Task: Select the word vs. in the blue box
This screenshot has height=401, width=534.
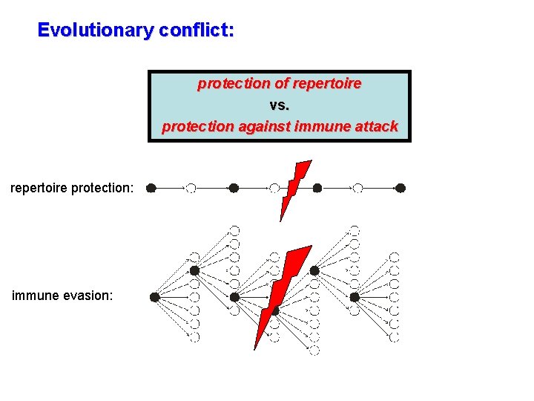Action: [x=280, y=105]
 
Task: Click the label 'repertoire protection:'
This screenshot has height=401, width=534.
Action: [x=72, y=188]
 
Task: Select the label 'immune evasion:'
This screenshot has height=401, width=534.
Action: [x=62, y=296]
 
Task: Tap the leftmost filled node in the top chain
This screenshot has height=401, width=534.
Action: [x=151, y=189]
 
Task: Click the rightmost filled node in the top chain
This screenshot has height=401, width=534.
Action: [x=400, y=189]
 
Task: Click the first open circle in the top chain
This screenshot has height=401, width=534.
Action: [x=191, y=189]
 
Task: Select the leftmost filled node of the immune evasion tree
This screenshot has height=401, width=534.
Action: [x=154, y=297]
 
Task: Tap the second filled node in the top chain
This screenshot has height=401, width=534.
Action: [x=234, y=189]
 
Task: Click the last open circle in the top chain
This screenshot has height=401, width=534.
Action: [x=358, y=189]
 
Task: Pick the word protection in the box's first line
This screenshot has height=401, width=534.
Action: [x=226, y=84]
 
